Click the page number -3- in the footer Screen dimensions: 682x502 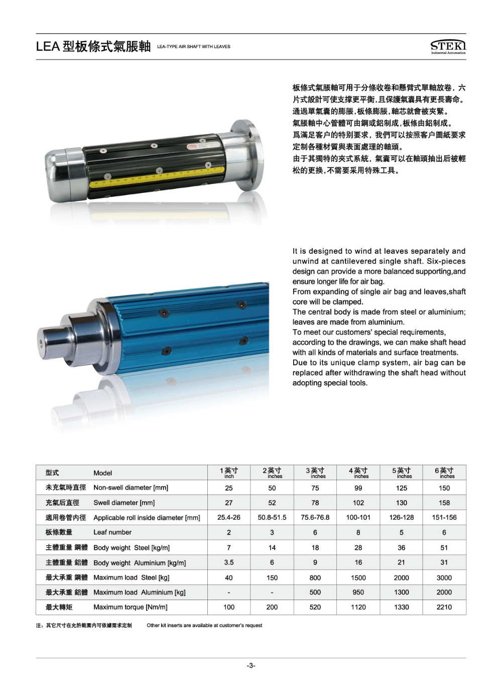251,666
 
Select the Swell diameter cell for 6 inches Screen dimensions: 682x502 444,503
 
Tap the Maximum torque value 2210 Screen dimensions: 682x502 444,607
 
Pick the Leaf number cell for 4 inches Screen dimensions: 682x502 358,532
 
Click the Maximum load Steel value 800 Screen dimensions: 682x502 315,577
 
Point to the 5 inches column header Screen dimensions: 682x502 402,472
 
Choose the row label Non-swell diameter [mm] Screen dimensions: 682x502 131,488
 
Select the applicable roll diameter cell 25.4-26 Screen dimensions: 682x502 229,517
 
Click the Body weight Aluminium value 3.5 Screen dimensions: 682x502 229,562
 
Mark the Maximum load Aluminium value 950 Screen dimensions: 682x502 358,592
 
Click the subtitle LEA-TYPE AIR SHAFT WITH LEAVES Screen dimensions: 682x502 194,47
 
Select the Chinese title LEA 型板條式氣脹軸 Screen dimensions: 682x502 93,47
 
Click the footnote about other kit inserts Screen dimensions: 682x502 204,625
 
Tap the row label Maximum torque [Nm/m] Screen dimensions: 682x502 130,607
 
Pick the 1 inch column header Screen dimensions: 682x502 229,472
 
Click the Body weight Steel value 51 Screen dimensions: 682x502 444,547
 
